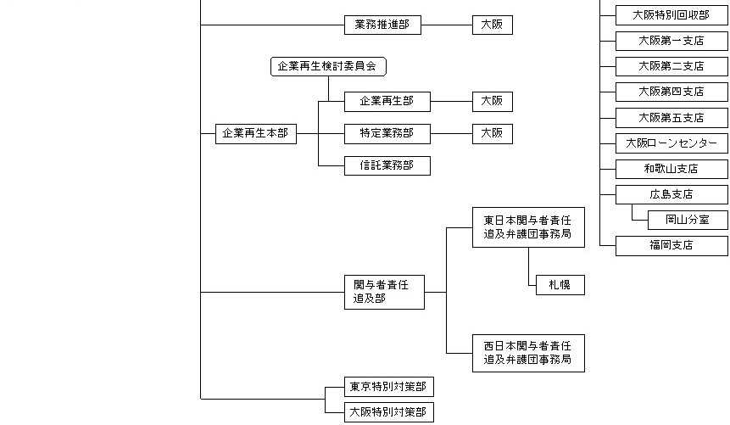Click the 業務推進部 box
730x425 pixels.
coord(382,25)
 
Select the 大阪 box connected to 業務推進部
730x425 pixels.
coord(492,25)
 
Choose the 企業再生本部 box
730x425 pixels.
coord(255,133)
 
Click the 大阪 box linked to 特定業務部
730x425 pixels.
coord(492,133)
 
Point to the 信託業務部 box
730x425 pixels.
coord(387,165)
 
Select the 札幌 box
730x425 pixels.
coord(554,285)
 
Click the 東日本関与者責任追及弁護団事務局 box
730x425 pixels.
coord(527,226)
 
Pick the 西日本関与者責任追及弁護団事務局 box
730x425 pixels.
coord(527,352)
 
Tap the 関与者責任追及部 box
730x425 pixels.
coord(383,292)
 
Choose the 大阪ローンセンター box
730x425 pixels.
coord(671,143)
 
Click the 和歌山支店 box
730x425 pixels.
coord(671,169)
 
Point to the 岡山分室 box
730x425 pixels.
coord(687,221)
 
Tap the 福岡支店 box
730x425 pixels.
coord(671,246)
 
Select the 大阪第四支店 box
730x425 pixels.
coord(671,92)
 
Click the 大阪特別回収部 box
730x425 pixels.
coord(671,14)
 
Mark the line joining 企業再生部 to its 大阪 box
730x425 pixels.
coord(451,101)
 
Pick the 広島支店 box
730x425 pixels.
coord(671,194)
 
